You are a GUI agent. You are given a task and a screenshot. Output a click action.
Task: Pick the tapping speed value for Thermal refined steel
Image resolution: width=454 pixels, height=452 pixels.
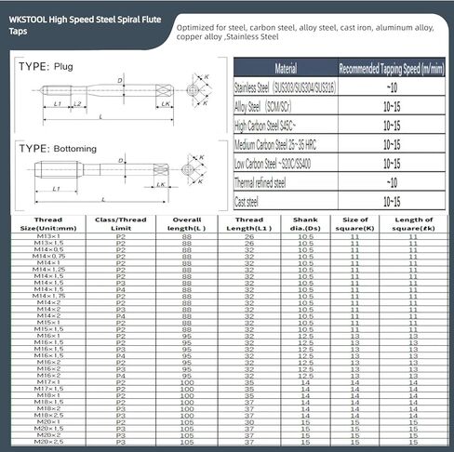tap(391, 182)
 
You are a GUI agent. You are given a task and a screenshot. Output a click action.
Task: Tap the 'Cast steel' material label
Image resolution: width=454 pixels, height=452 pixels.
tap(251, 201)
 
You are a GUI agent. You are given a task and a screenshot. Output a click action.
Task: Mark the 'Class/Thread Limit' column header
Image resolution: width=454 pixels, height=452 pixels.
tap(120, 223)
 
